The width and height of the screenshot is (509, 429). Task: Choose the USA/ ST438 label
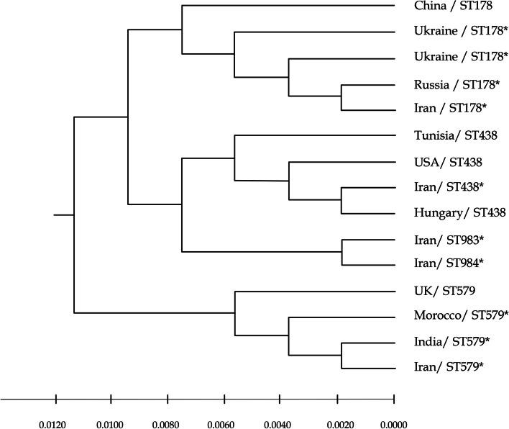point(443,162)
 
